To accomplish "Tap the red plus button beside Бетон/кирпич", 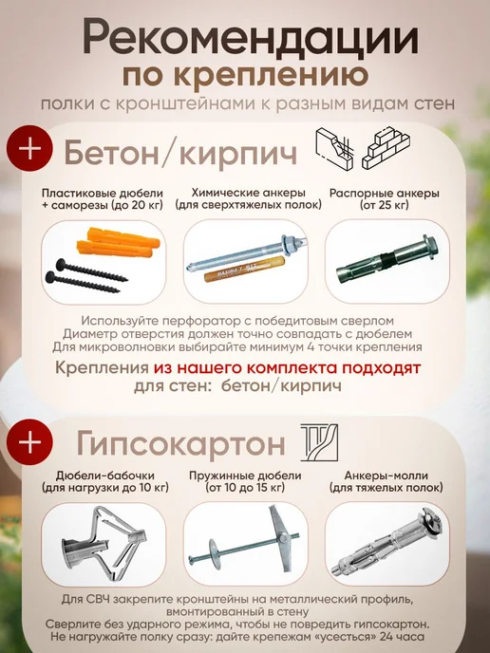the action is coord(29,149).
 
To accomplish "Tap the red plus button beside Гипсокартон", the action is coord(29,442).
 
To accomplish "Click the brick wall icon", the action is coord(386,149).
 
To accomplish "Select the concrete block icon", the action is coord(334,149).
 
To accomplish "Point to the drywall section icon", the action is coord(320,442).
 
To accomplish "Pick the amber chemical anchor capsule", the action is coord(244,271).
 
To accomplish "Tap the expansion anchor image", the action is coord(386,261).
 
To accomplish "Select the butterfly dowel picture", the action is coord(104,543).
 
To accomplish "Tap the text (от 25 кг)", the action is coord(385,205).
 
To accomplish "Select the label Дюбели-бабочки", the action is coord(105,476).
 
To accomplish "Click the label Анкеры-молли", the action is coord(386,476).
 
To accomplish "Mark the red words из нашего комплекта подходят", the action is coord(287,368).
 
